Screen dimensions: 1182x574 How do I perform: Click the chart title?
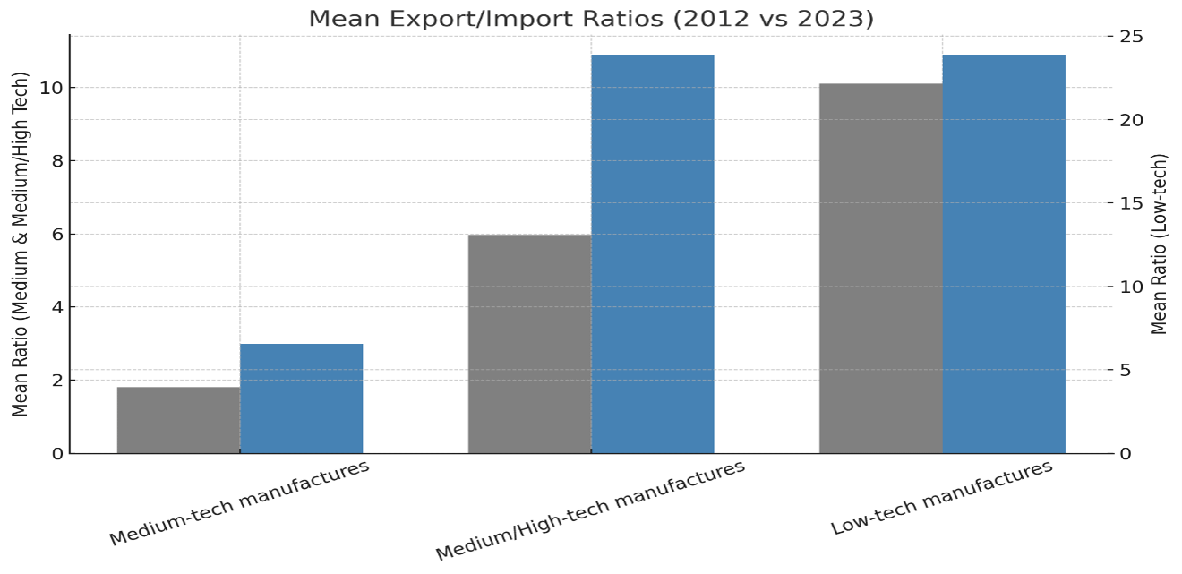tap(591, 19)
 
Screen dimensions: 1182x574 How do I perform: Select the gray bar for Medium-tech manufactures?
tap(178, 420)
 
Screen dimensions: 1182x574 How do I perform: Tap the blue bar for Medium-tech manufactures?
tap(301, 398)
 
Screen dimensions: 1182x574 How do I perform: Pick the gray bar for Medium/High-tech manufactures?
tap(529, 344)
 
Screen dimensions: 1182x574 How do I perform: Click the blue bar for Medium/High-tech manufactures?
tap(653, 253)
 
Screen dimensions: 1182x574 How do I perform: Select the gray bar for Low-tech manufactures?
tap(881, 268)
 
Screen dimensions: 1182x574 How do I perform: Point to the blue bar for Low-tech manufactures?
tap(1004, 253)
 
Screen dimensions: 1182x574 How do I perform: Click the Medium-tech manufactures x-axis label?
tap(240, 503)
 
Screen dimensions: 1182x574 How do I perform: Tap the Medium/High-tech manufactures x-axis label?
tap(590, 510)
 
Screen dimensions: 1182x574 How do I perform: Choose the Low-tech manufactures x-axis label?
tap(942, 498)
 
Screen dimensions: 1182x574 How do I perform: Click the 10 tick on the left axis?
tap(51, 88)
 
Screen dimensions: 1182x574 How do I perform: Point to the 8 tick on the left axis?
tap(57, 161)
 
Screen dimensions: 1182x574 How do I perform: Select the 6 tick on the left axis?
tap(57, 235)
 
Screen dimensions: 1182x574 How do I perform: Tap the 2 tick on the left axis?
tap(57, 381)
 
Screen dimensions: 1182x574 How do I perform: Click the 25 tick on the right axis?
tap(1131, 37)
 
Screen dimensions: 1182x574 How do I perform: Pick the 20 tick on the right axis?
tap(1131, 120)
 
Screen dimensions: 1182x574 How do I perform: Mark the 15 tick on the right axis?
tap(1131, 203)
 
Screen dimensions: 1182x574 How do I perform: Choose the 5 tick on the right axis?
tap(1125, 370)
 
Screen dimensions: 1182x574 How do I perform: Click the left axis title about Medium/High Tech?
tap(20, 244)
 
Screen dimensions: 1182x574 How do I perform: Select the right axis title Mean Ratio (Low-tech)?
tap(1160, 244)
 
